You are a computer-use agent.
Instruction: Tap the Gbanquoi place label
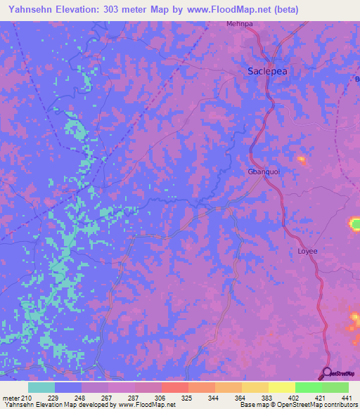(x=264, y=172)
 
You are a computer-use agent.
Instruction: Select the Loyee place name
(x=308, y=251)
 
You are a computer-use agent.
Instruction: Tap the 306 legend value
(x=161, y=398)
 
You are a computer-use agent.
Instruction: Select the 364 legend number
(x=241, y=398)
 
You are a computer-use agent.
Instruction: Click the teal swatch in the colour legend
(x=41, y=387)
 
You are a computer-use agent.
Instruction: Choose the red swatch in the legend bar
(x=174, y=387)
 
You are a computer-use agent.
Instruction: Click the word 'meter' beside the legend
(x=11, y=398)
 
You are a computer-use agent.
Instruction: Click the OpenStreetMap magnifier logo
(x=326, y=372)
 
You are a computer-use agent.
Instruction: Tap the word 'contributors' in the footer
(x=340, y=405)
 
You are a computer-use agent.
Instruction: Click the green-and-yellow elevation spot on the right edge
(x=354, y=224)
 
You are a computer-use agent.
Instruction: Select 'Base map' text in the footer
(x=254, y=405)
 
